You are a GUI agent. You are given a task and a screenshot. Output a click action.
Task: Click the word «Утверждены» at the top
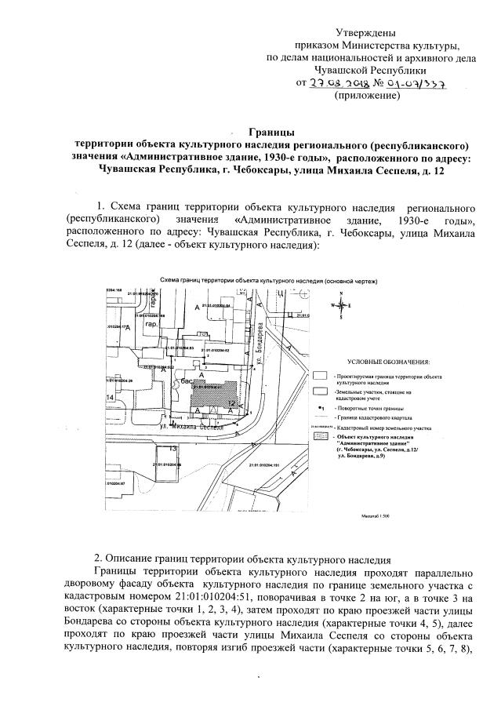click(x=365, y=32)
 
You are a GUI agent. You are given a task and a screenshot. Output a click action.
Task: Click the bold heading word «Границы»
click(x=270, y=133)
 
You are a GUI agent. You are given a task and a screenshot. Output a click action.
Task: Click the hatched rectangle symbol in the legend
click(x=319, y=435)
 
